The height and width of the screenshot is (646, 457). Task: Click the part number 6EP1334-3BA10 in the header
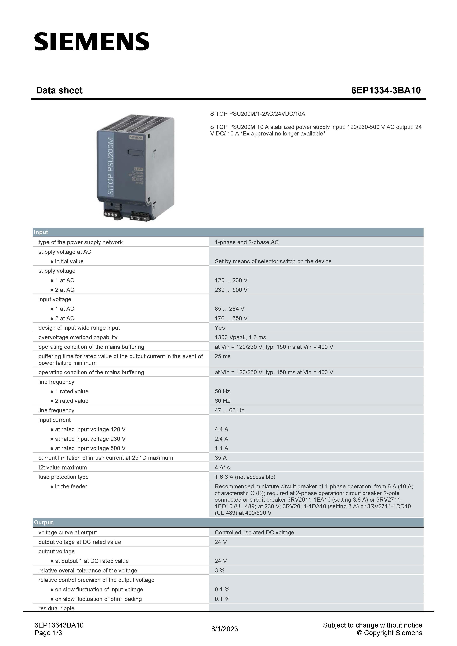(x=386, y=90)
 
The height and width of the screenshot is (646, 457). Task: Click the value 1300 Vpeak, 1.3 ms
(x=240, y=337)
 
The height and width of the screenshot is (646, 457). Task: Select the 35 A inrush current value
(x=221, y=458)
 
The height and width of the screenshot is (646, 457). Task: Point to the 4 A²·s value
(x=222, y=467)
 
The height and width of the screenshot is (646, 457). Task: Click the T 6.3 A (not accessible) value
(x=245, y=477)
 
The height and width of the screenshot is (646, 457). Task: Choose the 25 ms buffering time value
(x=222, y=356)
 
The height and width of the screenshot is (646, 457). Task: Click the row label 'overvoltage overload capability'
(x=78, y=337)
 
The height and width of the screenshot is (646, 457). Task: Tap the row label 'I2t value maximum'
(x=62, y=467)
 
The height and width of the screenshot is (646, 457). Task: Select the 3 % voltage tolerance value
(x=219, y=570)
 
